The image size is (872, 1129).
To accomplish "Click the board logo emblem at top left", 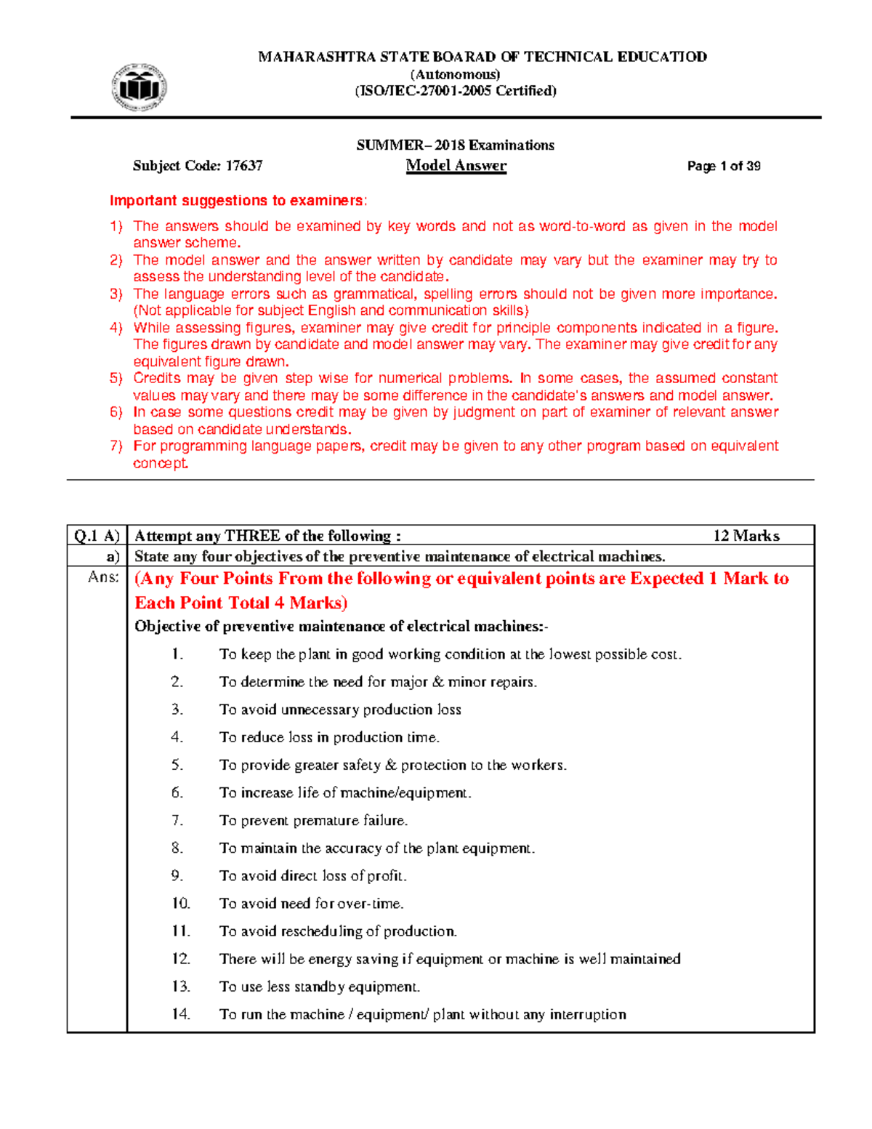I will coord(140,88).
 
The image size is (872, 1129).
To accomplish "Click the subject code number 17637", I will coord(243,166).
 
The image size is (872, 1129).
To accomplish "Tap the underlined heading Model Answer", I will coord(456,166).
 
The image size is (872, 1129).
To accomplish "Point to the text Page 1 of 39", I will coord(723,166).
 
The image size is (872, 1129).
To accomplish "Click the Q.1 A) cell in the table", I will coord(97,536).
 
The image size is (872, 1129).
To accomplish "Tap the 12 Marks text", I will coord(746,536).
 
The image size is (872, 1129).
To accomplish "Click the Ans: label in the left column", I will coord(103,577).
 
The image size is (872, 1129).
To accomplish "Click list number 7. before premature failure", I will coord(177,821).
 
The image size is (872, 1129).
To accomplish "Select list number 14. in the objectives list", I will coord(181,1014).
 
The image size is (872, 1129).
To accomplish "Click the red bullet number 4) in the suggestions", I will coord(116,328).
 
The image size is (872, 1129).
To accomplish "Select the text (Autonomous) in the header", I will coord(455,74).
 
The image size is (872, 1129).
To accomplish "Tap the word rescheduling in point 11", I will coord(321,931).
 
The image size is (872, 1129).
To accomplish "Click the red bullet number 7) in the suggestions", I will coord(116,446).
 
